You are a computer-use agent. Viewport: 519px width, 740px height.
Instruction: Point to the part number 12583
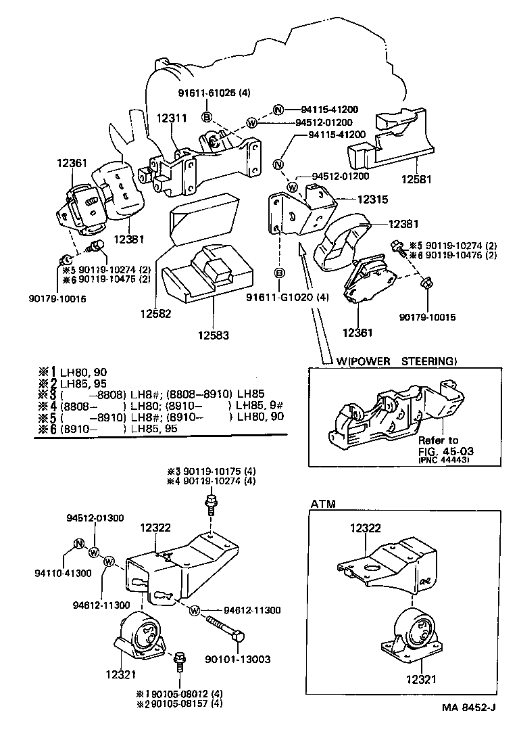click(x=214, y=334)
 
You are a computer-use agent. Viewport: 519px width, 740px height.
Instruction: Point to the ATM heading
click(x=324, y=503)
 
